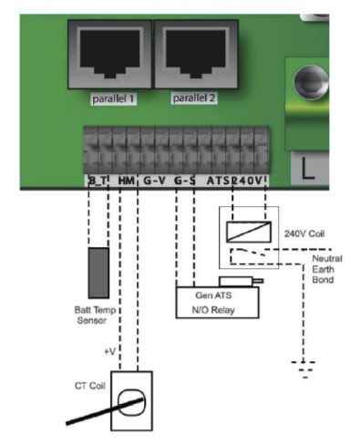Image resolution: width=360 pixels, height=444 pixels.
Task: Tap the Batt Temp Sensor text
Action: click(x=95, y=315)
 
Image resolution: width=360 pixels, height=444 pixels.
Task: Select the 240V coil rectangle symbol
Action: click(x=249, y=232)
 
